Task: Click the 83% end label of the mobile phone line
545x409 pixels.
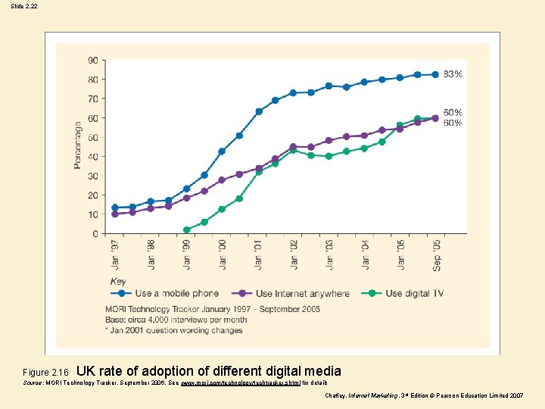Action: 453,74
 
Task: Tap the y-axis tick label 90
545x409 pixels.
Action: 92,61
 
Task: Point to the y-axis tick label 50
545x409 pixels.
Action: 92,138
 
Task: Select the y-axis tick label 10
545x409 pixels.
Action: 92,215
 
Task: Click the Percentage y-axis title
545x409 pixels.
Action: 77,145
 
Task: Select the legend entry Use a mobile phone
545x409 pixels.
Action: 176,293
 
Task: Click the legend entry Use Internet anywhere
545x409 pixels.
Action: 302,293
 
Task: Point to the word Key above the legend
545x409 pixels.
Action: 118,281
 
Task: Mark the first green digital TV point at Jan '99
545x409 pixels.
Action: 186,229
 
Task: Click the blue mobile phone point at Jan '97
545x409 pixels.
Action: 115,208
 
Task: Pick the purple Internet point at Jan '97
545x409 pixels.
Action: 115,214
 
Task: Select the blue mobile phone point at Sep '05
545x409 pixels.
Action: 435,74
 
